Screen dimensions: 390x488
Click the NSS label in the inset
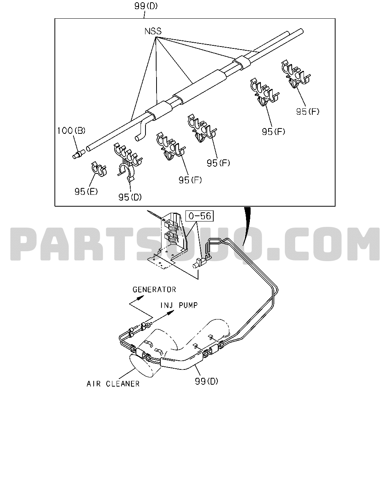tap(153, 31)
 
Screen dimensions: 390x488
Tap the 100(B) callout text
tap(71, 131)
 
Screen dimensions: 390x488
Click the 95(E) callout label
tap(86, 192)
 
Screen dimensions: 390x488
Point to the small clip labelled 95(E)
tap(99, 169)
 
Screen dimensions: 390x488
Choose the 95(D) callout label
tap(130, 197)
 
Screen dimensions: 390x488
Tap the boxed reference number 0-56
tap(200, 216)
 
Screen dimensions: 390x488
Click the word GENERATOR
tap(154, 290)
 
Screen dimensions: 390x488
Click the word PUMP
tap(188, 305)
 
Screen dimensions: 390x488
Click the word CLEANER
tap(123, 384)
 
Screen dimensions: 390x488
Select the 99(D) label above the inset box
tap(146, 6)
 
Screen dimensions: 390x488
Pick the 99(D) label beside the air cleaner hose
tap(206, 381)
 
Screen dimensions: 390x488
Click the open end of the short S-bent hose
tap(137, 138)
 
